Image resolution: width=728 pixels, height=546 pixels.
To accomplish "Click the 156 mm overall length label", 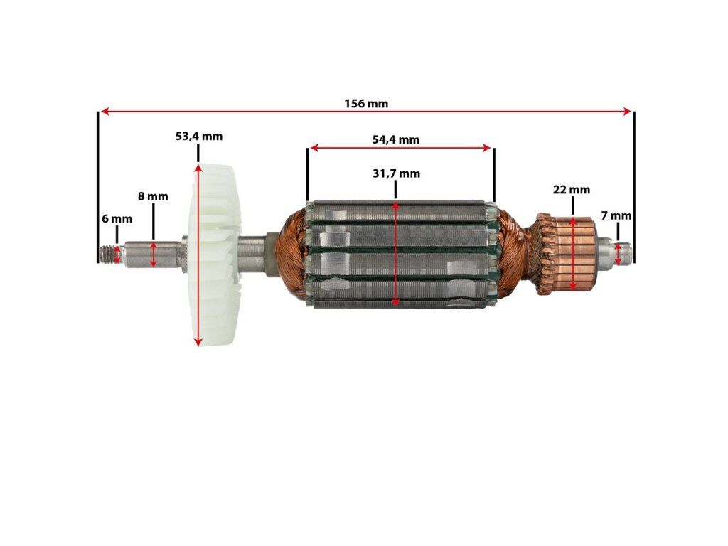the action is point(366,103).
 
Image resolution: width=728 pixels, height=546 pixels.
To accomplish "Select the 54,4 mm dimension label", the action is point(395,139).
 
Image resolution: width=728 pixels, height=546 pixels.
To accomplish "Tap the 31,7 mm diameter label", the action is point(396,173).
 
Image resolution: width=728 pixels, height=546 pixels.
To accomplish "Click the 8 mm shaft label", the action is point(153,196).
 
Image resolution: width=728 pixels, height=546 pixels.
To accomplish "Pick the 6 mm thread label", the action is point(117,219).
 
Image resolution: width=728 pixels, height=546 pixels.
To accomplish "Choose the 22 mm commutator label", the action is point(572,190).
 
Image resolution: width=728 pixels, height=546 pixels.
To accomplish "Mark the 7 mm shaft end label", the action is point(616,215).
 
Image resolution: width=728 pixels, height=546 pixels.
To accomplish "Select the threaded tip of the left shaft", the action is point(110,253).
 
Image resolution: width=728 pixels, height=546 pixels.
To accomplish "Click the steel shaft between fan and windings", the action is point(252,254).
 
